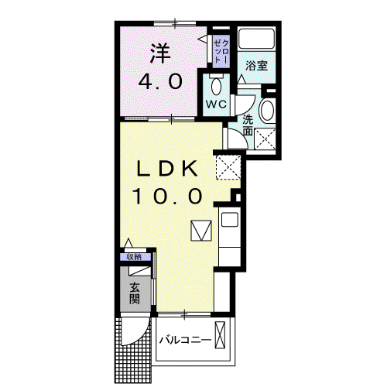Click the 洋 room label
pyautogui.click(x=160, y=53)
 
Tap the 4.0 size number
pyautogui.click(x=160, y=81)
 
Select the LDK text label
pyautogui.click(x=167, y=169)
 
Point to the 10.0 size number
pyautogui.click(x=167, y=196)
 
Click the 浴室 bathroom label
pyautogui.click(x=257, y=66)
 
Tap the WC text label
pyautogui.click(x=216, y=104)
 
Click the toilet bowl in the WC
pyautogui.click(x=216, y=87)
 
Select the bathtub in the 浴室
pyautogui.click(x=256, y=39)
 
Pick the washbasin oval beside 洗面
pyautogui.click(x=266, y=111)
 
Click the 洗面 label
pyautogui.click(x=248, y=125)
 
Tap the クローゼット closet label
pyautogui.click(x=221, y=52)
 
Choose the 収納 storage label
pyautogui.click(x=135, y=257)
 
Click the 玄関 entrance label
pyautogui.click(x=135, y=293)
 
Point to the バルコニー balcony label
pyautogui.click(x=185, y=340)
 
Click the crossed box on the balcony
pyautogui.click(x=220, y=335)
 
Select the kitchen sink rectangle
pyautogui.click(x=230, y=220)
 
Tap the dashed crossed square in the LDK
pyautogui.click(x=228, y=167)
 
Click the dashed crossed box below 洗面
pyautogui.click(x=265, y=139)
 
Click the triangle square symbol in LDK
pyautogui.click(x=201, y=231)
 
